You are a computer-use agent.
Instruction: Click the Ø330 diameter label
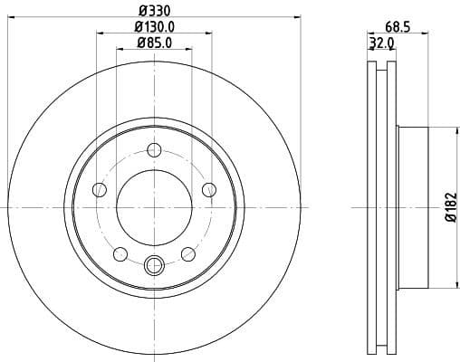154,10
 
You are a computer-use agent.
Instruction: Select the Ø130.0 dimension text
154,26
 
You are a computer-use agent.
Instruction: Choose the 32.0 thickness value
382,43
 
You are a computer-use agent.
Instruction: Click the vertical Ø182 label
451,207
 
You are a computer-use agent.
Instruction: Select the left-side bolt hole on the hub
100,189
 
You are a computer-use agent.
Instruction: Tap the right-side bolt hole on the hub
209,189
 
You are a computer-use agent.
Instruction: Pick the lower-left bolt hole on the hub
120,253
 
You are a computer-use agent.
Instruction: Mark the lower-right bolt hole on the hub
187,253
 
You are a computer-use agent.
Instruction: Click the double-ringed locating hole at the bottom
154,265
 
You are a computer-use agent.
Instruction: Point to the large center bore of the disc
154,207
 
